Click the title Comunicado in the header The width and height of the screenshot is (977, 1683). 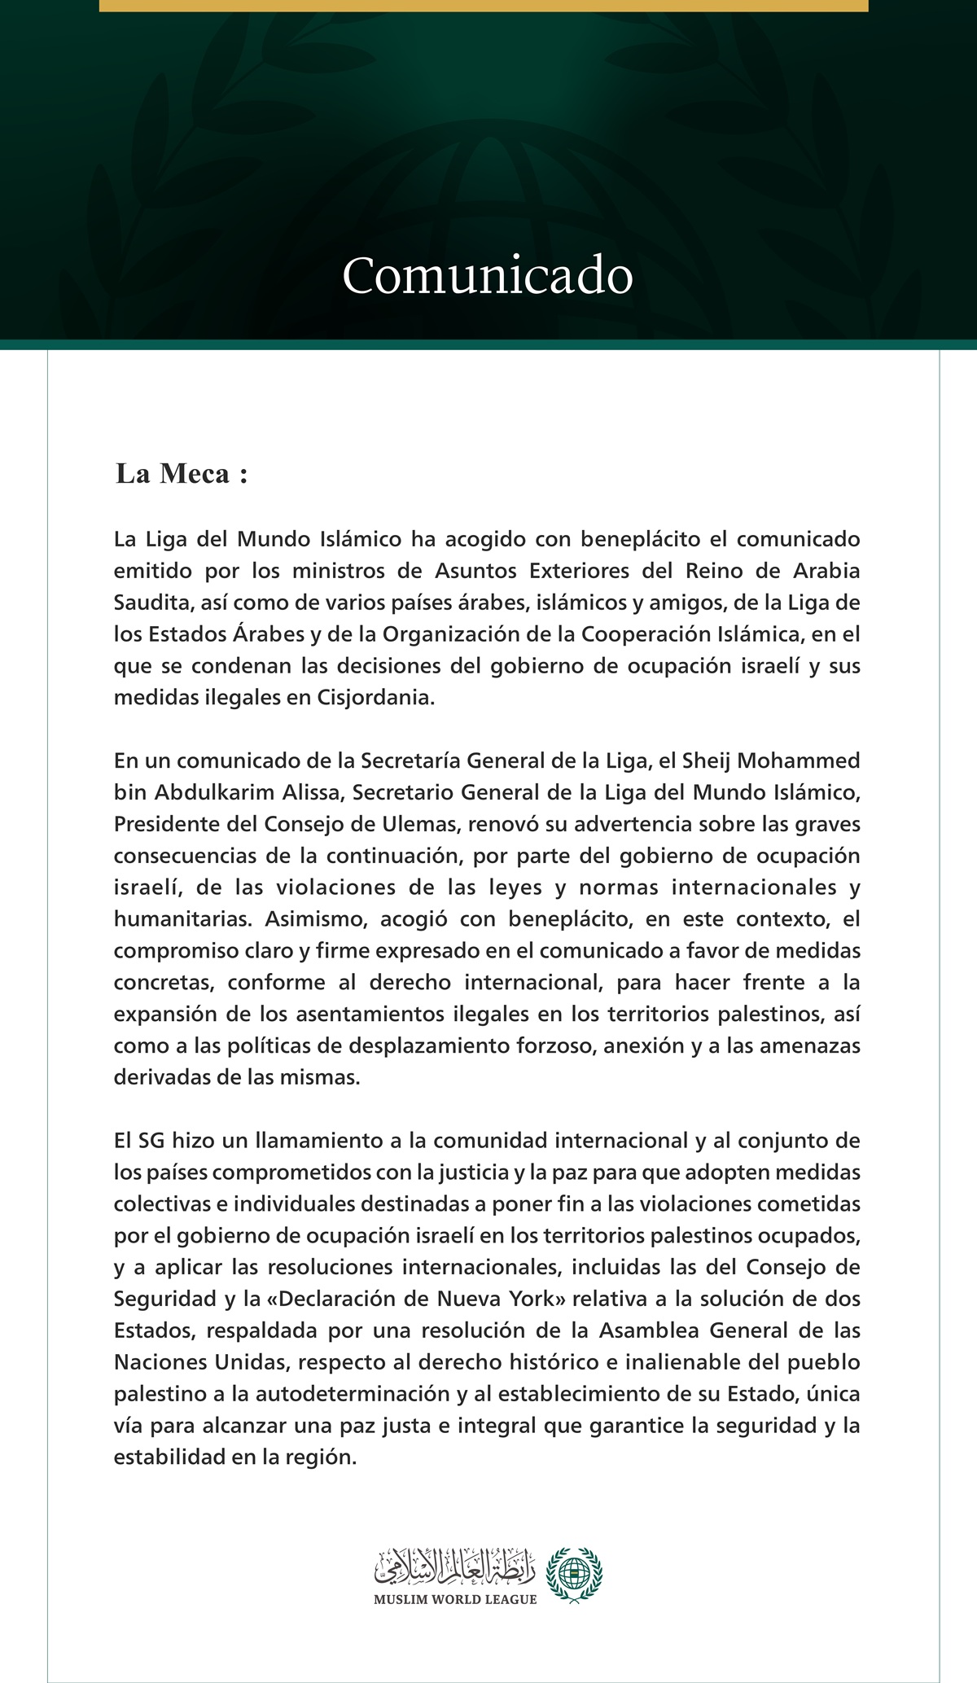pos(488,276)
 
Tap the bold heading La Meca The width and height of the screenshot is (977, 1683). pos(181,474)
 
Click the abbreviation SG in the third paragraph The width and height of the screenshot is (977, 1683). pos(151,1141)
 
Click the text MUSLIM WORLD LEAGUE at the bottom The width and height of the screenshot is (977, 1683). pos(455,1599)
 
